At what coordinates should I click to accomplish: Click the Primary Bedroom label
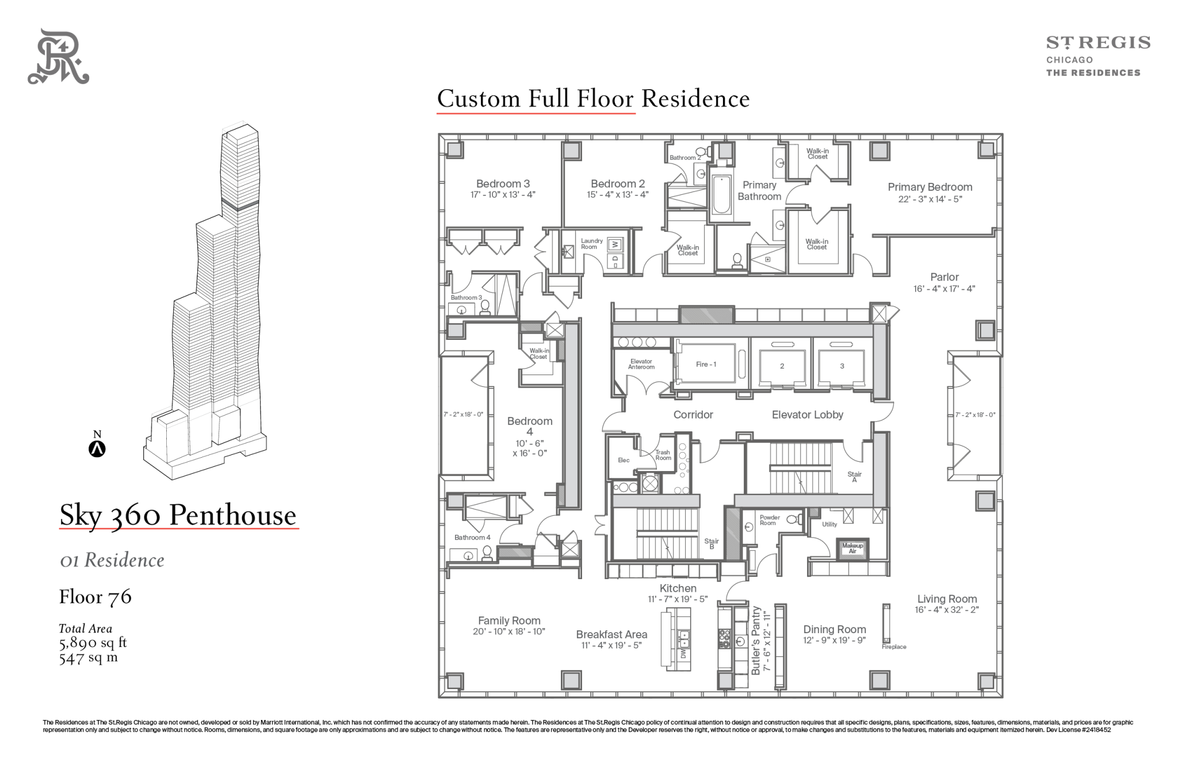tap(930, 187)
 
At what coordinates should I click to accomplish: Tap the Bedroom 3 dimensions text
tap(503, 195)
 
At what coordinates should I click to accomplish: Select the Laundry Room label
tap(591, 244)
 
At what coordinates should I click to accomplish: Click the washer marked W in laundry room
tap(615, 244)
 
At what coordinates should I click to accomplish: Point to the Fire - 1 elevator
tap(706, 364)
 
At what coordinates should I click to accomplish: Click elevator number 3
tap(842, 366)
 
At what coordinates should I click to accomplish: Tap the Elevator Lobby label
tap(807, 415)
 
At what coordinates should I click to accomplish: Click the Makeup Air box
tap(852, 548)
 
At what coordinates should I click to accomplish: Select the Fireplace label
tap(894, 647)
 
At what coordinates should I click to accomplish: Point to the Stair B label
tap(712, 543)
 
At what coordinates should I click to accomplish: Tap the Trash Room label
tap(663, 455)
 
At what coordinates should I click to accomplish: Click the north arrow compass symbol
tap(97, 449)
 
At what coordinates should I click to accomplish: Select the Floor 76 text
tap(95, 596)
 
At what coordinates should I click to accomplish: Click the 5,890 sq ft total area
tap(93, 642)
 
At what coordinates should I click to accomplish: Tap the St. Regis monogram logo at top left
tap(58, 56)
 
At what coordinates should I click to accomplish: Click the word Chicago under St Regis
tap(1069, 60)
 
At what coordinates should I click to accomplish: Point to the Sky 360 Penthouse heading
tap(178, 515)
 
